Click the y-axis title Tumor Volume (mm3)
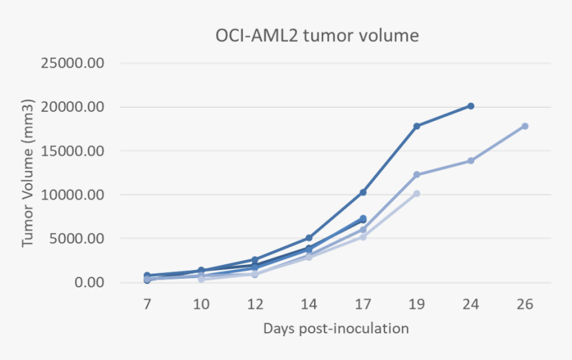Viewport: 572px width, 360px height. [x=28, y=174]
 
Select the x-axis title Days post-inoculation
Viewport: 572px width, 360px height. [x=335, y=328]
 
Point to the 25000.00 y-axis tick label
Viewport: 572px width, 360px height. [x=72, y=64]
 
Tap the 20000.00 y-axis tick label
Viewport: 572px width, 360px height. [x=72, y=108]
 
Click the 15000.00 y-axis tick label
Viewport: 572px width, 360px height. [x=72, y=151]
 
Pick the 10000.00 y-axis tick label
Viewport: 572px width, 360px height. [x=72, y=195]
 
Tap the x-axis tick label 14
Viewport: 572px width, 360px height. [x=309, y=303]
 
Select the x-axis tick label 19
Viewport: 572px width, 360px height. [x=416, y=303]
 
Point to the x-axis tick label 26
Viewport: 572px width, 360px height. [x=524, y=303]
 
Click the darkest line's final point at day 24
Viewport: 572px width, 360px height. [x=470, y=106]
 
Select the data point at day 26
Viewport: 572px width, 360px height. [x=525, y=126]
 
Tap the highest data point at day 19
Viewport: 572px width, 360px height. [x=416, y=126]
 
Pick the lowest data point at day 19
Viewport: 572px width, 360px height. [x=416, y=194]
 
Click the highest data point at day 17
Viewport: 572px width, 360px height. [x=362, y=192]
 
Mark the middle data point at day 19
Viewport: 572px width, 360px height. [x=416, y=175]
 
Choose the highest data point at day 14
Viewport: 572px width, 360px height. [x=309, y=238]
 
